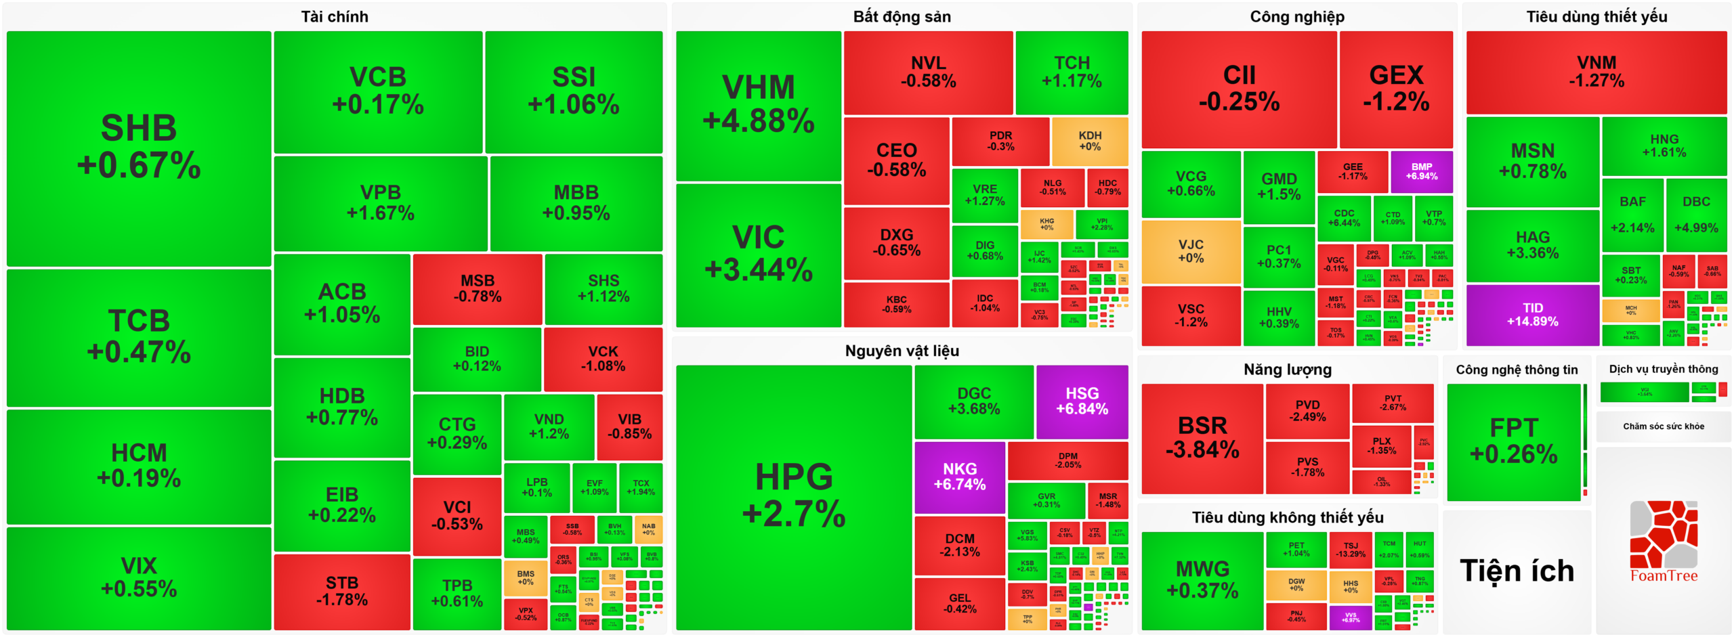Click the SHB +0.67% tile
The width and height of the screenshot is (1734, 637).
(139, 148)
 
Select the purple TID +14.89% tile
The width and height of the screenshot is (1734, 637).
(1532, 315)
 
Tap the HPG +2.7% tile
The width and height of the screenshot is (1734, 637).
(793, 496)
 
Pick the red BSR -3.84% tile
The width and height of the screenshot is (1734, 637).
(1202, 437)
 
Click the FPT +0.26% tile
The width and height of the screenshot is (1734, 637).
(1513, 441)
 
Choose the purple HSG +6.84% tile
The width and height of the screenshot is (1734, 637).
(1082, 401)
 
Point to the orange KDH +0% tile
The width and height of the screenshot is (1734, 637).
(1090, 141)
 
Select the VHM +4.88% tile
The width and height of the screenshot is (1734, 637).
(758, 106)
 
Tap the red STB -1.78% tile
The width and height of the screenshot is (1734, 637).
(342, 591)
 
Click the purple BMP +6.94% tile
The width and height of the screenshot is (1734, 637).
(1421, 171)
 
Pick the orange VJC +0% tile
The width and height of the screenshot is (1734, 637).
(1191, 251)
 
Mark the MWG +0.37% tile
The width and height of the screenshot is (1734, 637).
(1202, 579)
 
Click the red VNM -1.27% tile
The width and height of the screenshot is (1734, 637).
(1596, 72)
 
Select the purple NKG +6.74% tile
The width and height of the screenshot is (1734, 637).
(959, 477)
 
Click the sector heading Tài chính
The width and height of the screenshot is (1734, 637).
(335, 17)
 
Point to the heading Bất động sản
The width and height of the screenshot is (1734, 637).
(902, 17)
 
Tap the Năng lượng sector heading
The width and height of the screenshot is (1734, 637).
(1287, 370)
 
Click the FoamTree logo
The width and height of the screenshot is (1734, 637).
(1663, 542)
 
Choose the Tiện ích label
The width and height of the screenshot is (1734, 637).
(1517, 571)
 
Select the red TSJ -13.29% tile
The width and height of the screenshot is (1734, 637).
(1351, 549)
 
